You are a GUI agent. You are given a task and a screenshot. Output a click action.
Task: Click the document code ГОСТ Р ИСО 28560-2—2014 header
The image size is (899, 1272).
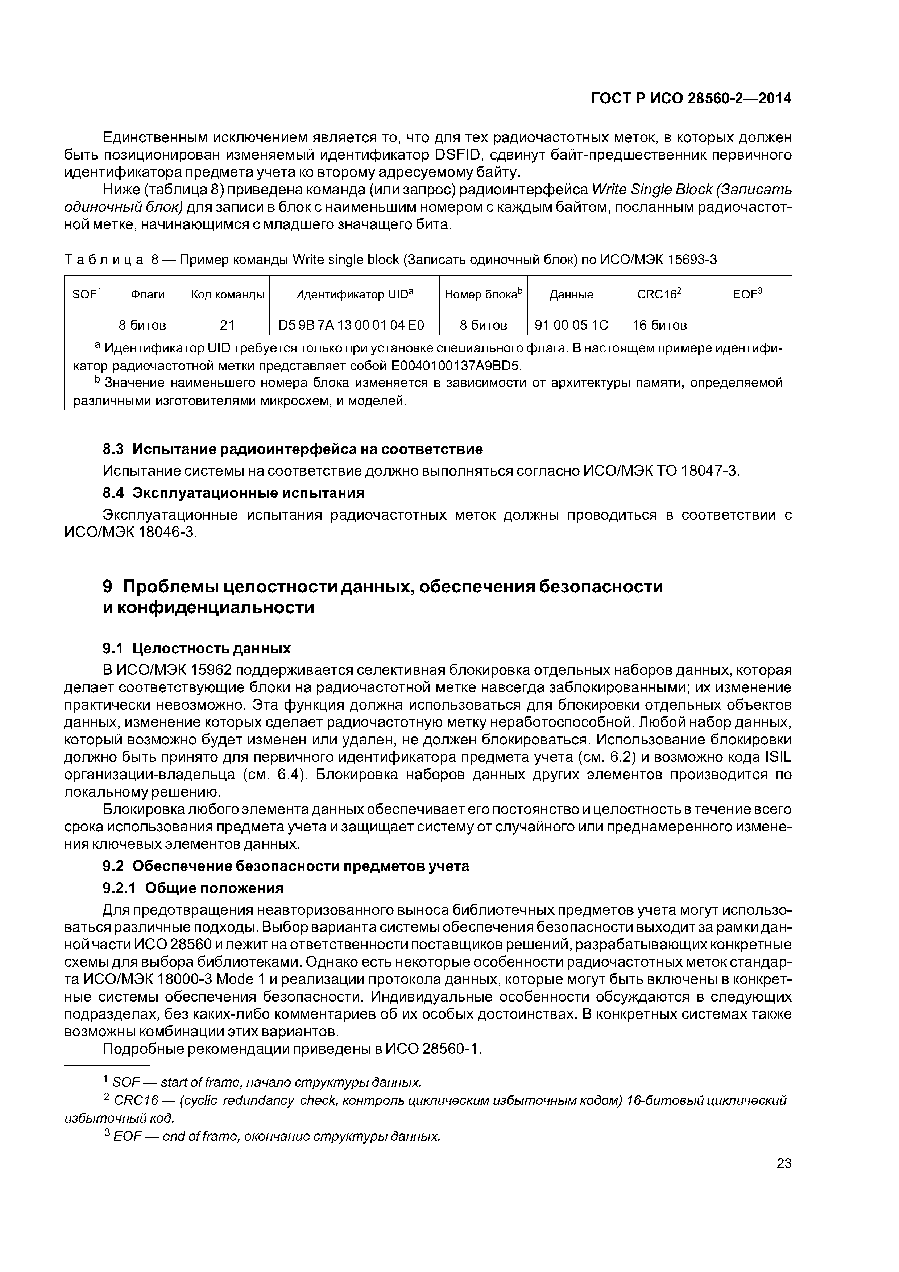point(691,99)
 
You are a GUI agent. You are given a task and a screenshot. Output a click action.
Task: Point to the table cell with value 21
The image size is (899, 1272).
point(227,325)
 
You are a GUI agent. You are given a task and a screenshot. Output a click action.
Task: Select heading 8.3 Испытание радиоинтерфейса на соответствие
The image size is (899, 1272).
point(293,449)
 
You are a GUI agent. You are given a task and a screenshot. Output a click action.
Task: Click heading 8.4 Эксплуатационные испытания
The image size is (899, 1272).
point(234,492)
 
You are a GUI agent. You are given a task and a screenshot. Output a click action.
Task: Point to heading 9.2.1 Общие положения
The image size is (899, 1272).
point(193,888)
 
